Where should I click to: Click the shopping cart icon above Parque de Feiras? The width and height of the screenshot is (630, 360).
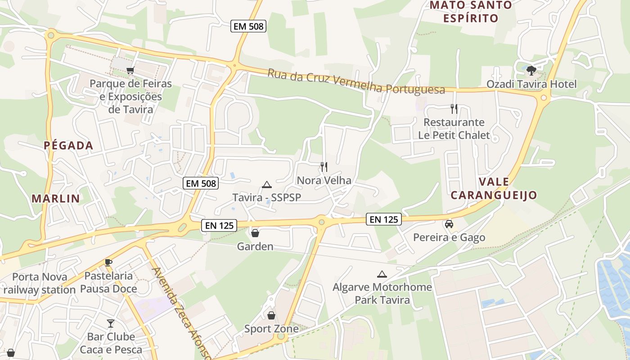[130, 70]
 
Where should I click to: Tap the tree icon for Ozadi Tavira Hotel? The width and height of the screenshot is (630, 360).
[531, 70]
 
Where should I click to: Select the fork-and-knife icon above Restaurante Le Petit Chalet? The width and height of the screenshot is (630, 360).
[454, 108]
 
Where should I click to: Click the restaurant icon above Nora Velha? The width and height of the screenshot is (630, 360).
[324, 167]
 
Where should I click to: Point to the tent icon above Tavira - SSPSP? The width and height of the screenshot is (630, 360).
[267, 184]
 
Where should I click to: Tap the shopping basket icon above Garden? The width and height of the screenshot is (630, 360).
[255, 233]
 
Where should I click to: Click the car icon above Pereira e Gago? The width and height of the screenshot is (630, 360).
[449, 224]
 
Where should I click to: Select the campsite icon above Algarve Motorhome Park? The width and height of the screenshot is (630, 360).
[382, 274]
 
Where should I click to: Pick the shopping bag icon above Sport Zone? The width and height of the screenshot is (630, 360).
[271, 315]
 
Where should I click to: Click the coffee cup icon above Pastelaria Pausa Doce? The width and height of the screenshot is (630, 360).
[108, 262]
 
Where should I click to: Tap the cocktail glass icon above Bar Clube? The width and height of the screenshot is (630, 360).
[111, 323]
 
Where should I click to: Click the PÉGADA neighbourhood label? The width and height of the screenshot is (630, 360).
[69, 145]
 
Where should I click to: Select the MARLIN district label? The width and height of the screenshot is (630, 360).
[56, 198]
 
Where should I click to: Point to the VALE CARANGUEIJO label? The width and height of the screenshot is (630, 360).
[494, 189]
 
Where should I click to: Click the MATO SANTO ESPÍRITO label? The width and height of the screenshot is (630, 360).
[471, 12]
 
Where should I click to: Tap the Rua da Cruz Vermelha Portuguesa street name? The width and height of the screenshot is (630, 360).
[356, 82]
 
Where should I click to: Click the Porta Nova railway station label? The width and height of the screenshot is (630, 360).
[40, 283]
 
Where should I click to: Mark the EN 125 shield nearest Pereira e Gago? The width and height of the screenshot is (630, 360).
[383, 219]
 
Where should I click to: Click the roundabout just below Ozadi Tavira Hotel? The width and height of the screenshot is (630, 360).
[544, 98]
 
